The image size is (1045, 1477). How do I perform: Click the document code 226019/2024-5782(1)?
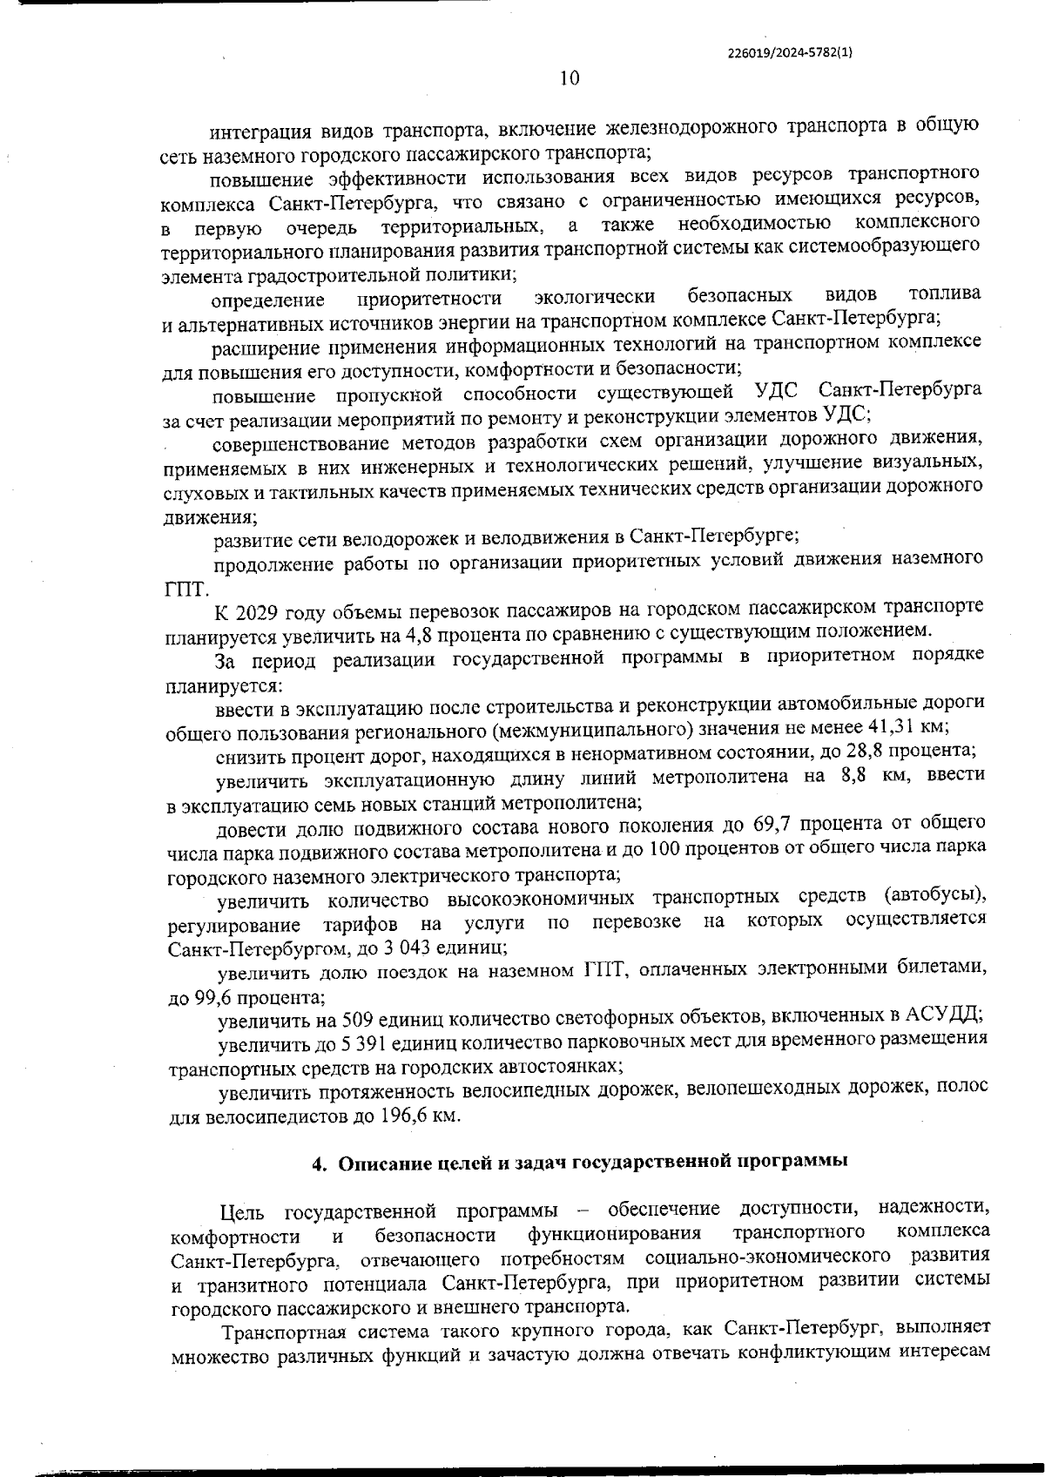pos(790,52)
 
